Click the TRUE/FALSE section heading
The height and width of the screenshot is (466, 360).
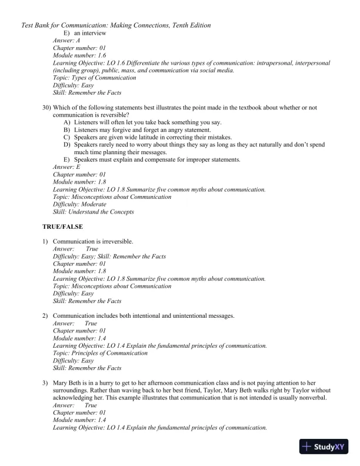[x=62, y=227]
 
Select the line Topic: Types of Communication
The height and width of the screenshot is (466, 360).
[x=94, y=78]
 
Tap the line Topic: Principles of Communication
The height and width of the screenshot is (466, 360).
[x=100, y=353]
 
